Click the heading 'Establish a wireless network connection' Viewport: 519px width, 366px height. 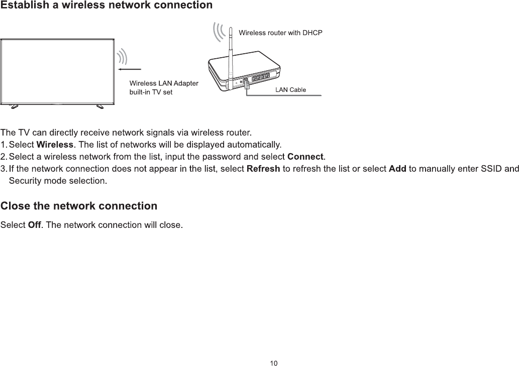coord(107,6)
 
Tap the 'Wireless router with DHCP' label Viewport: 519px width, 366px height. coord(280,33)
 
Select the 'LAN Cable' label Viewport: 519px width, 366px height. coord(290,90)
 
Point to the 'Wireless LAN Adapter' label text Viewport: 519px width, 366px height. coord(164,83)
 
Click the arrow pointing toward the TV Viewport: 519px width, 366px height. coord(130,68)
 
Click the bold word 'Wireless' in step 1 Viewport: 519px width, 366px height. coord(55,146)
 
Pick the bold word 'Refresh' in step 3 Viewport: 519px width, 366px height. coord(264,169)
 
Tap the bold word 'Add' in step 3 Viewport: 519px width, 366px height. coord(397,169)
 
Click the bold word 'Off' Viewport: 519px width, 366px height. coord(35,224)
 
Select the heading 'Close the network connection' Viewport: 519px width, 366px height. coord(79,206)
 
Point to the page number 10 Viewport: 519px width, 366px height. coord(273,363)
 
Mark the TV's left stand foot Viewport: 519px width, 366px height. coord(14,106)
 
